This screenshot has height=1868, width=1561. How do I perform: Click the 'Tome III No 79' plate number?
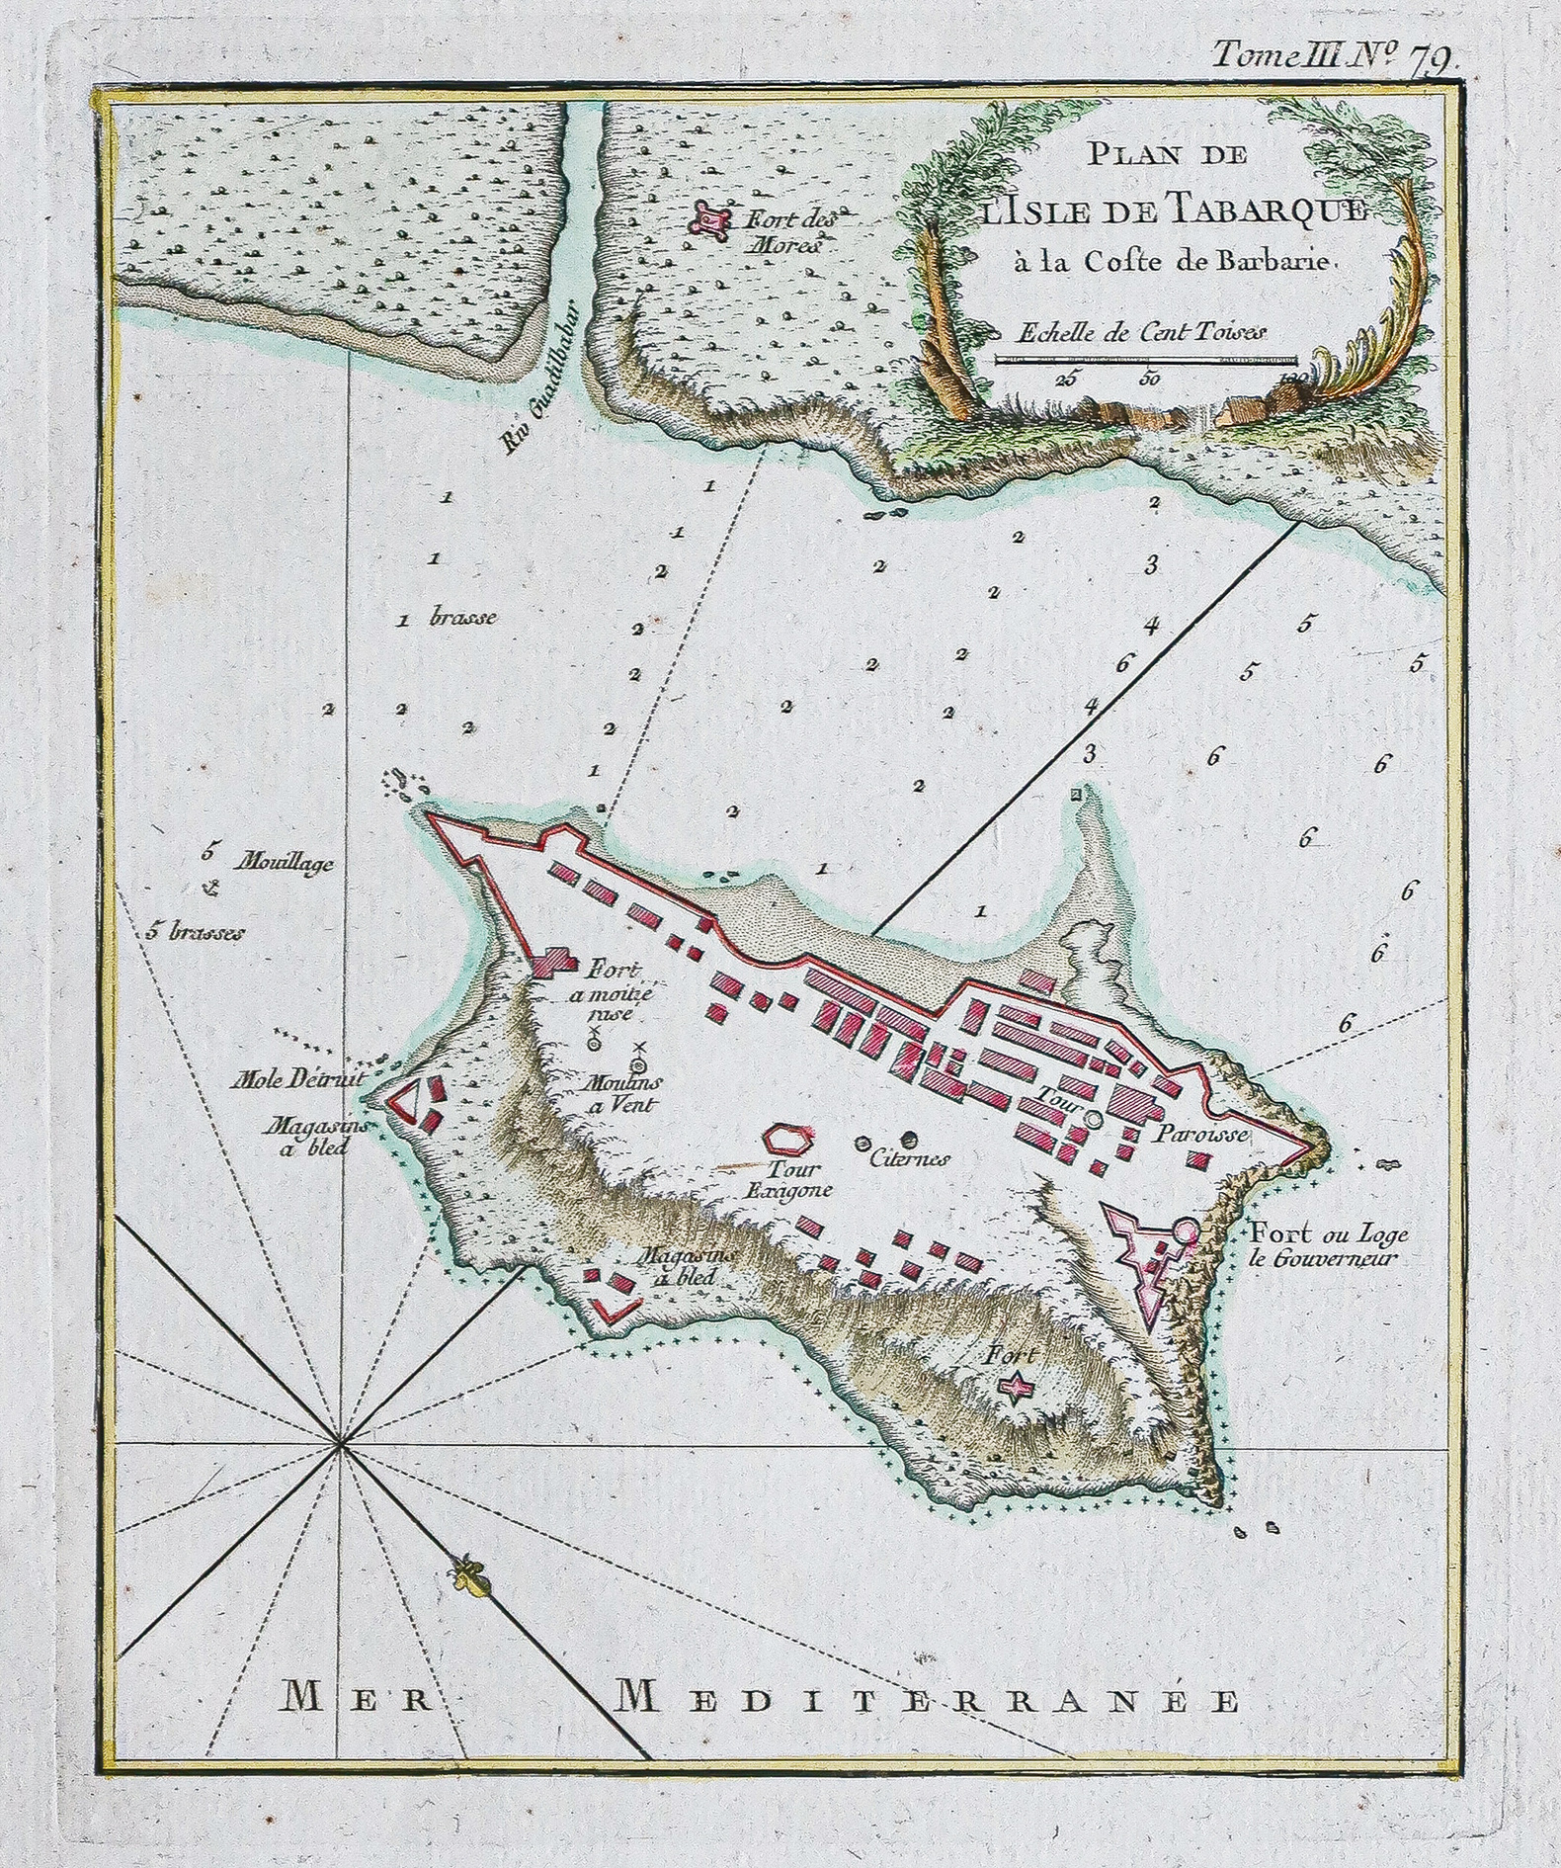tap(1333, 55)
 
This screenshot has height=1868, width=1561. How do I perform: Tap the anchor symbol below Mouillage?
tap(208, 891)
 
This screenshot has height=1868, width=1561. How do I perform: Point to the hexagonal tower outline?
tap(787, 1139)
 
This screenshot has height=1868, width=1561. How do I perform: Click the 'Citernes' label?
tap(909, 1158)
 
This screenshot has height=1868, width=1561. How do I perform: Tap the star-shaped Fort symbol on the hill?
tap(1016, 1388)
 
